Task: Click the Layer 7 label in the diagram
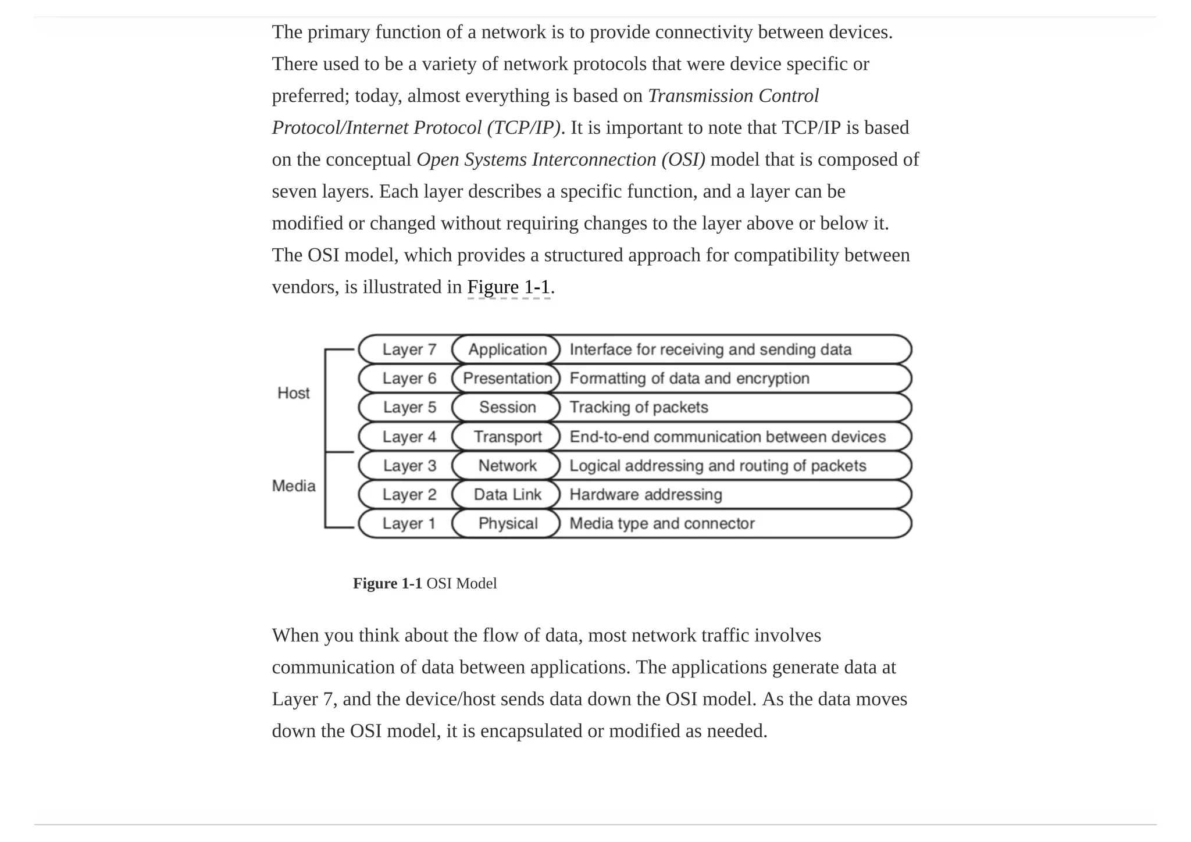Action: [409, 349]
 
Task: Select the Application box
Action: [507, 349]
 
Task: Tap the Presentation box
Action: [507, 379]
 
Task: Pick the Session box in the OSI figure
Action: [507, 407]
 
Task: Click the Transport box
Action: [507, 437]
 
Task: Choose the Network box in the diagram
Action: [507, 466]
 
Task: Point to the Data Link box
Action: [507, 494]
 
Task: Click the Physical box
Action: [507, 523]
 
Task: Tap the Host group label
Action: [294, 393]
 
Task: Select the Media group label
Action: [294, 486]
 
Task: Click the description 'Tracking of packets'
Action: [639, 407]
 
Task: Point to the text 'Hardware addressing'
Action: [646, 494]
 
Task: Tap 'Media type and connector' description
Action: [662, 523]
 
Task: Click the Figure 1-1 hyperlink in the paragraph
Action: [508, 287]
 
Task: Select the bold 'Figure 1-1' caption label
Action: [387, 583]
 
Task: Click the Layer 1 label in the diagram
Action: [409, 523]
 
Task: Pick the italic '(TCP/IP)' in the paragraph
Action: [523, 128]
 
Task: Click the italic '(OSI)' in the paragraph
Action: [683, 160]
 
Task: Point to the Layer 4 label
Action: [409, 437]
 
